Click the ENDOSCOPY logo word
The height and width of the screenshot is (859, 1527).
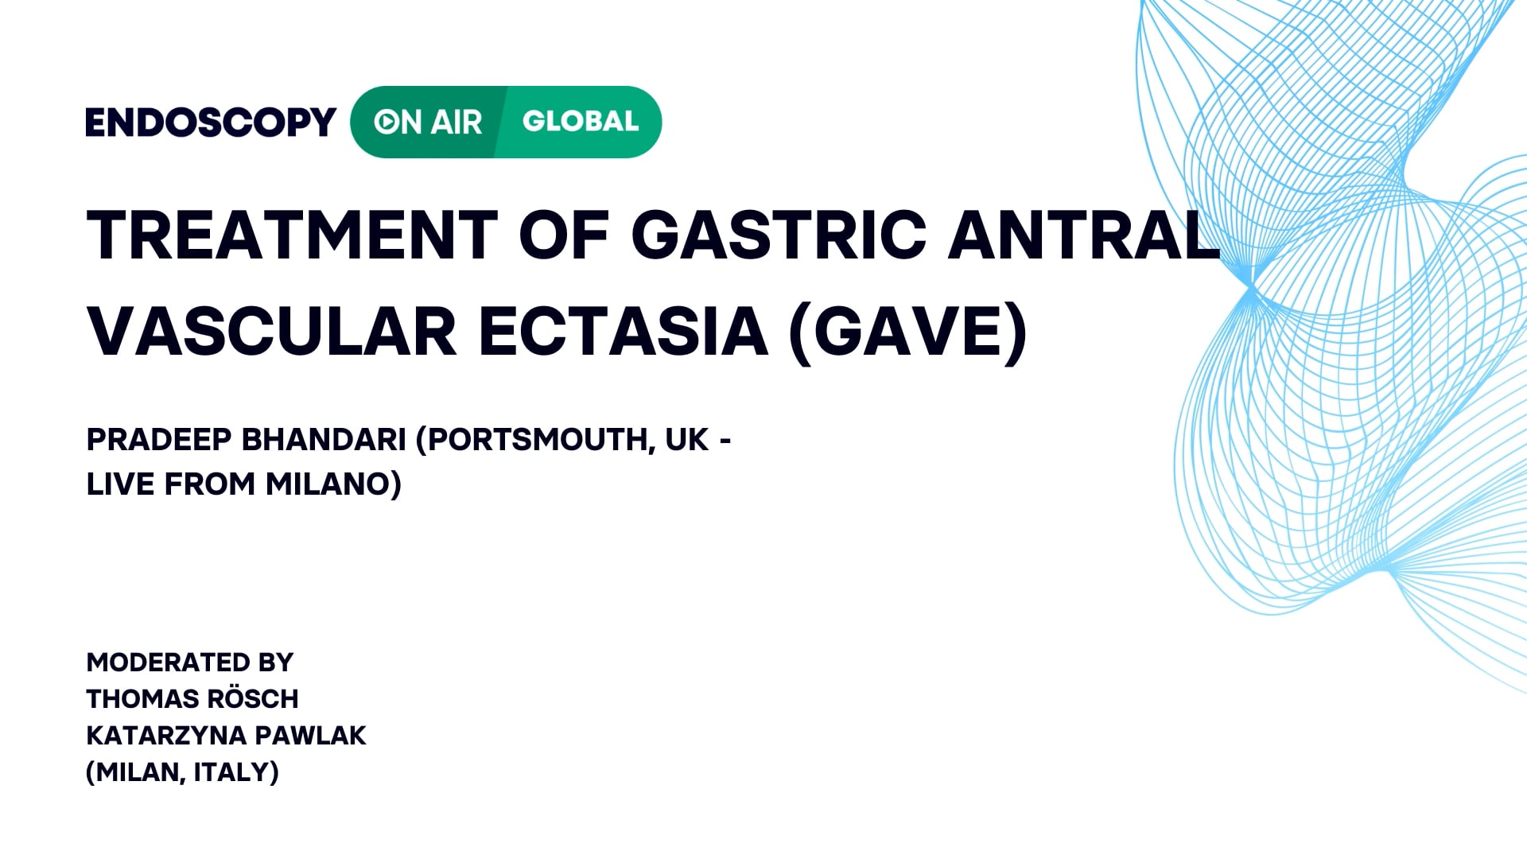[211, 122]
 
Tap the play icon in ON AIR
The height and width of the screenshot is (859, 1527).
[387, 122]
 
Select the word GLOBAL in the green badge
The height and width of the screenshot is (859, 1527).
[581, 121]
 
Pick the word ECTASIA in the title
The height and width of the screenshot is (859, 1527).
[624, 331]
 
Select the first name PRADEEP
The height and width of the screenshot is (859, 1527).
[159, 439]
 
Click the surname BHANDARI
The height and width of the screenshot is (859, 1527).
[324, 439]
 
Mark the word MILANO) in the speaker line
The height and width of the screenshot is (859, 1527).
[334, 484]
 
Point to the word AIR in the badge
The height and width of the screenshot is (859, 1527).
[457, 122]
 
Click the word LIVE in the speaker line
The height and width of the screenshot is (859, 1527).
[120, 484]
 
